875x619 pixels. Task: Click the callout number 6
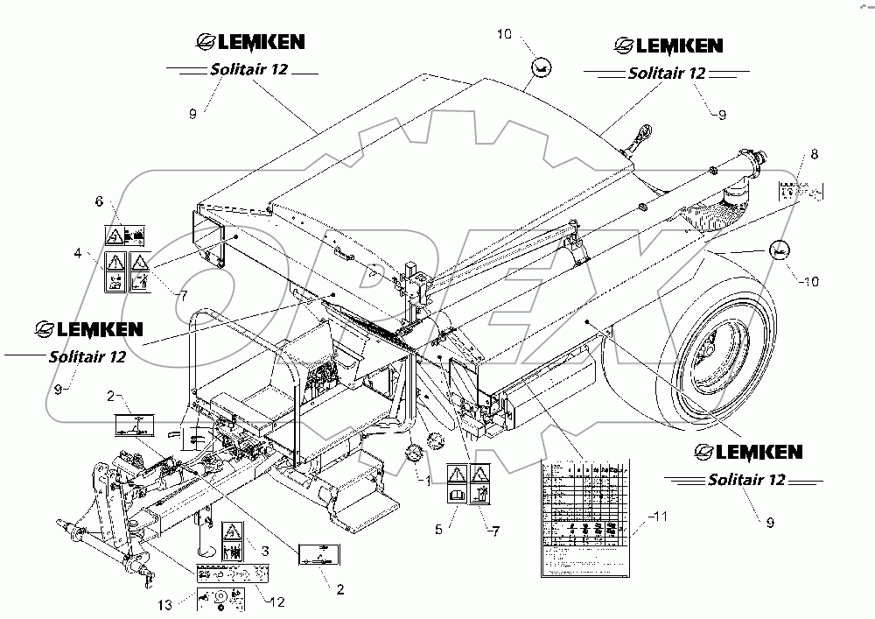[x=99, y=201]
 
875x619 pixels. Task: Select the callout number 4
[x=78, y=255]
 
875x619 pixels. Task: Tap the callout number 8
[x=814, y=154]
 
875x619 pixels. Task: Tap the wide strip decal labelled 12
[x=232, y=573]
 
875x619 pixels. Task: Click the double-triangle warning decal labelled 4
[x=127, y=271]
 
